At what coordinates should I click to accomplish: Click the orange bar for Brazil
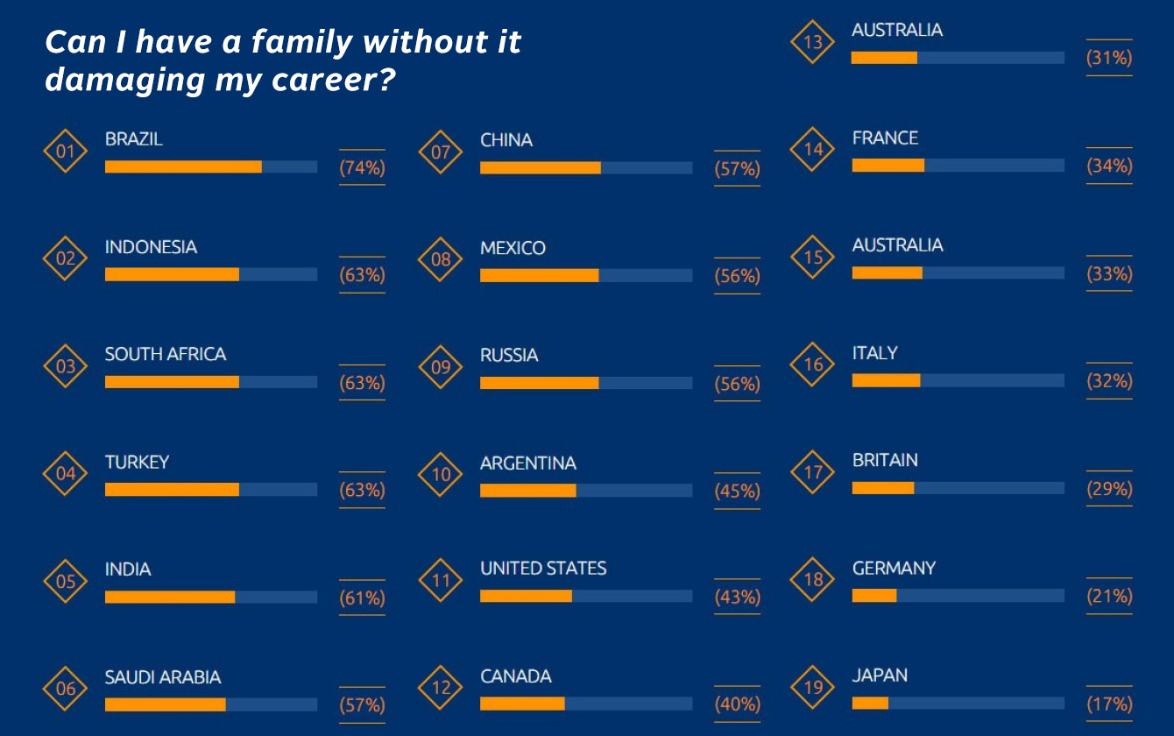(183, 166)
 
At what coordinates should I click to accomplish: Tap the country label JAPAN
(880, 676)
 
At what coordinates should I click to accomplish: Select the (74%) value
(362, 168)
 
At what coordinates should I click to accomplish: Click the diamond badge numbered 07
(441, 152)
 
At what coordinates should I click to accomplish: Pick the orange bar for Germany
(873, 595)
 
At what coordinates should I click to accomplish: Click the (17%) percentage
(1109, 704)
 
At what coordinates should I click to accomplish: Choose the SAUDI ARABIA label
(163, 677)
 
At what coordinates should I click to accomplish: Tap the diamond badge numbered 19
(814, 687)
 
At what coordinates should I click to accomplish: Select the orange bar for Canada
(522, 703)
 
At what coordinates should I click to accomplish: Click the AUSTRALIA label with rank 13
(897, 30)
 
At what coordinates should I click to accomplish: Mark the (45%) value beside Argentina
(737, 491)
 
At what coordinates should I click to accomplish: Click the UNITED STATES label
(543, 569)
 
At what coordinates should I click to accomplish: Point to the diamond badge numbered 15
(814, 258)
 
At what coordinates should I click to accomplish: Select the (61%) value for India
(362, 598)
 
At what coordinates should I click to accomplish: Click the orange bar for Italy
(886, 379)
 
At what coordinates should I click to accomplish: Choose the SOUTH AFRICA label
(166, 354)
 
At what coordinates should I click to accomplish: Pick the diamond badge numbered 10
(441, 475)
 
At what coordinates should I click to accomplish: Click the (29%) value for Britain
(1109, 489)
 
